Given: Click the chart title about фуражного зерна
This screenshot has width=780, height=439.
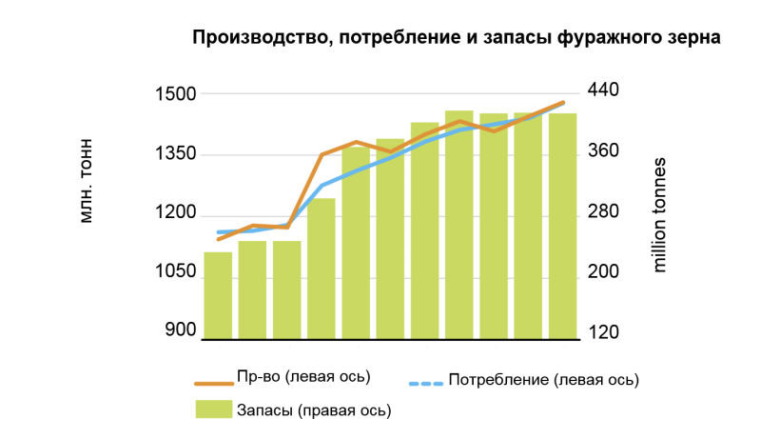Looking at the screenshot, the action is tap(457, 37).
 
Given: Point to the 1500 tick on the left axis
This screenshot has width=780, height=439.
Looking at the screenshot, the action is tap(176, 93).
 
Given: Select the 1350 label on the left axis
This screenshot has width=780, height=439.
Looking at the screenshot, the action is tap(176, 153).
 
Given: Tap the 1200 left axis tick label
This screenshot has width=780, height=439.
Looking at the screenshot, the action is tap(176, 212).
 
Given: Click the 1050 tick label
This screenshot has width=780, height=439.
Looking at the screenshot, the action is tap(176, 271).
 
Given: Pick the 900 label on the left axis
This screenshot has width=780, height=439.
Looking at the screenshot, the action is tap(181, 329).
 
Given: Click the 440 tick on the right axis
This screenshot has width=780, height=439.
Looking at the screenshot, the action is tap(603, 90).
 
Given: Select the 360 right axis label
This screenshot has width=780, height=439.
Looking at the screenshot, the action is tap(603, 150).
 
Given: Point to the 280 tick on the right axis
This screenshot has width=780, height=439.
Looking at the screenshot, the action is tap(603, 211).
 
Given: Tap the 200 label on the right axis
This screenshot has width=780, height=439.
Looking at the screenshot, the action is tap(603, 271).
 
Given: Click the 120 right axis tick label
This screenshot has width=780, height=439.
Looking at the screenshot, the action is tap(603, 332).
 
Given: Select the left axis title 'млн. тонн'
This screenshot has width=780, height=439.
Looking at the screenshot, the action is tap(86, 181).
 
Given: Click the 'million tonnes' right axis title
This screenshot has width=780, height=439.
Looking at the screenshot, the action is tap(659, 215).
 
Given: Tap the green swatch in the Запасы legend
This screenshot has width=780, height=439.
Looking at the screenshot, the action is tap(214, 409).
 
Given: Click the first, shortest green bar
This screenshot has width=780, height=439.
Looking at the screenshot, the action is tap(218, 295).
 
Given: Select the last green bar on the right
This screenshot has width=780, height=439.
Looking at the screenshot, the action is tap(562, 227).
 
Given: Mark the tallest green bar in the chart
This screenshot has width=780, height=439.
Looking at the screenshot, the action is tap(459, 225).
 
